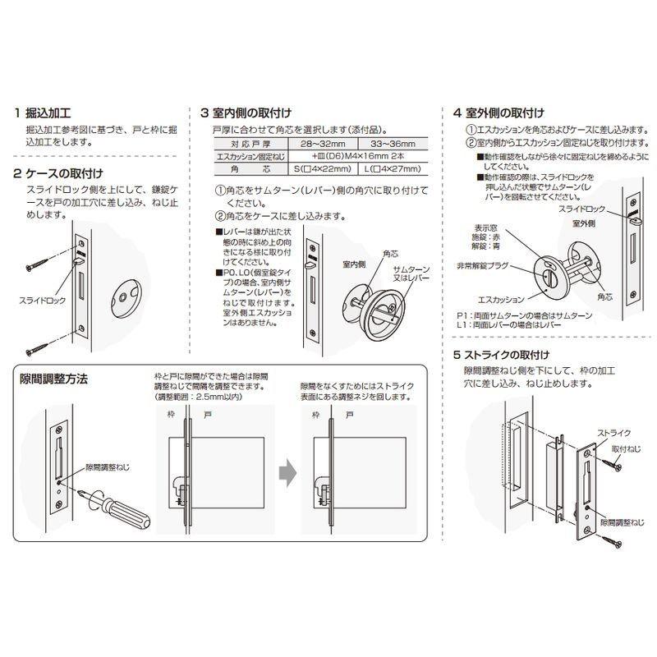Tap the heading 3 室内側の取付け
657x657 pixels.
(x=246, y=113)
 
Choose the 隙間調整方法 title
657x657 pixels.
(x=53, y=379)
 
